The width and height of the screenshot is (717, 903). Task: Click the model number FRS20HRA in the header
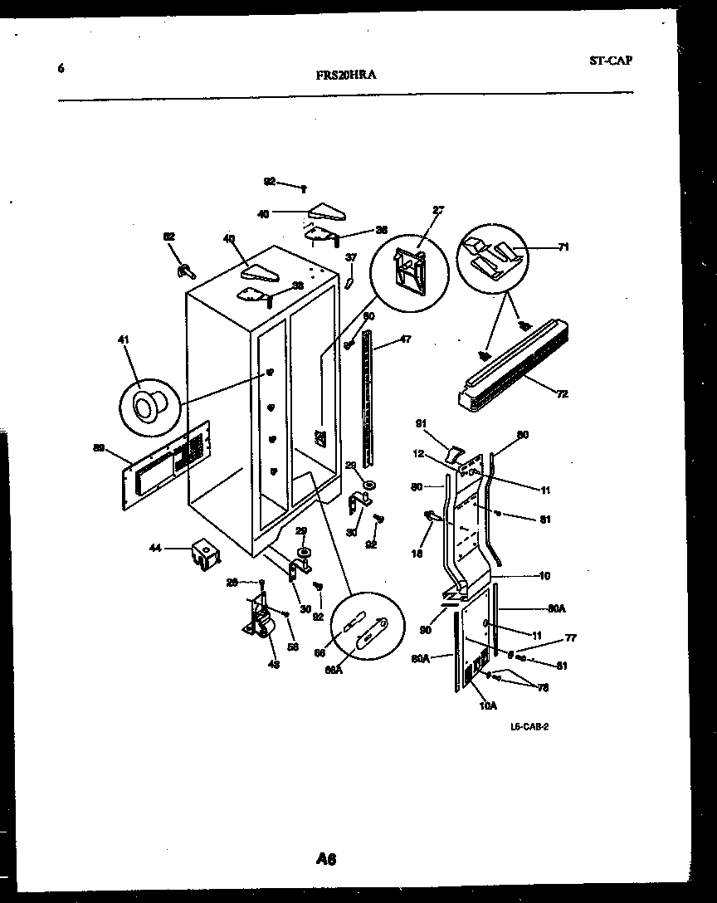346,75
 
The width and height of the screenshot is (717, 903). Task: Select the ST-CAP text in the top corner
610,61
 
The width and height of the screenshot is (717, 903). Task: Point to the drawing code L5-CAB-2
530,726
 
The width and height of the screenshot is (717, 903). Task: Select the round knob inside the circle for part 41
148,408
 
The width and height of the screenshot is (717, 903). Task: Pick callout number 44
154,548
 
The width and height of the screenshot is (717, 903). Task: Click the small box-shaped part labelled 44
202,553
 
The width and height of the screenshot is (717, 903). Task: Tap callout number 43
273,664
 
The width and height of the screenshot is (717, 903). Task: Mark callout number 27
438,210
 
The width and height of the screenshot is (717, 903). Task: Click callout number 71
564,246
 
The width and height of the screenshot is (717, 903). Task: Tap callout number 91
420,424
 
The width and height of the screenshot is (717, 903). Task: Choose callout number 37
350,257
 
